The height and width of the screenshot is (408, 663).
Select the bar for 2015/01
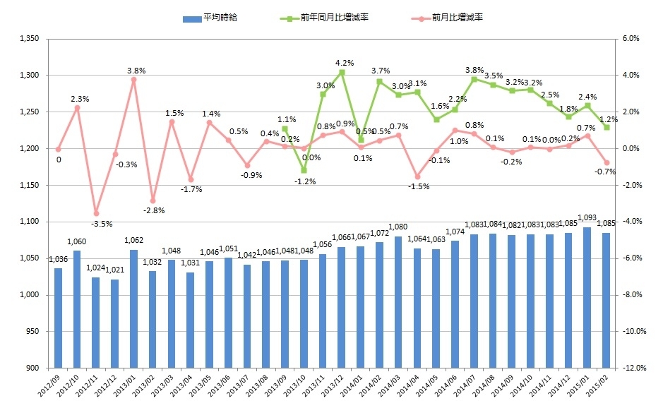(x=587, y=297)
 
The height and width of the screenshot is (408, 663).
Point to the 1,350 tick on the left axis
(x=28, y=38)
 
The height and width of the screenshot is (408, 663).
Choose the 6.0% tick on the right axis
(x=630, y=38)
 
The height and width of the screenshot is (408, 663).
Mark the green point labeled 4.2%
(x=342, y=72)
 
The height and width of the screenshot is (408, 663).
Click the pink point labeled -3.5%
(x=96, y=213)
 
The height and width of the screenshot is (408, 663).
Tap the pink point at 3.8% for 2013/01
(x=133, y=79)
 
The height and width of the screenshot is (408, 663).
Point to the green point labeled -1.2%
(x=304, y=170)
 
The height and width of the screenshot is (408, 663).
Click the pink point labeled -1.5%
(x=417, y=176)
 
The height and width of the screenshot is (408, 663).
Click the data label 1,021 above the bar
(x=114, y=270)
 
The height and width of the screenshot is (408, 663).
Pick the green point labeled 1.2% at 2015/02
(x=607, y=127)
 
